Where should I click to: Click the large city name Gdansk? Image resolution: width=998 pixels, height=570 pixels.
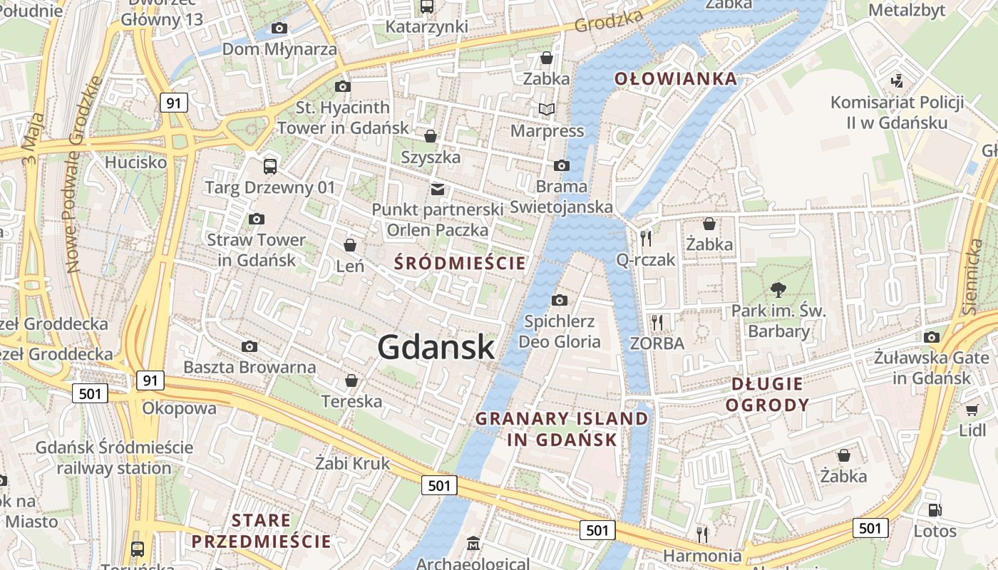436,347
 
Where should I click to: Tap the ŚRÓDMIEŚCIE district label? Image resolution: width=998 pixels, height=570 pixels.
460,263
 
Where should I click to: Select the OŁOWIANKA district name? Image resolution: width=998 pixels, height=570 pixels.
675,78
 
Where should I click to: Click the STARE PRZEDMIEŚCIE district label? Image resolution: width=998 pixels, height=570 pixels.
261,531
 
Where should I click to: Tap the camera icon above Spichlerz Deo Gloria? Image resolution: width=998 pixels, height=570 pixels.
560,300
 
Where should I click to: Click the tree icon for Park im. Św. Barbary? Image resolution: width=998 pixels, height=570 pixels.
778,289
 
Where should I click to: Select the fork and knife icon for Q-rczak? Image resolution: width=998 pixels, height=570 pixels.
646,238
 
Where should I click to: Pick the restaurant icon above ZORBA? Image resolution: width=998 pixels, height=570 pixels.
657,322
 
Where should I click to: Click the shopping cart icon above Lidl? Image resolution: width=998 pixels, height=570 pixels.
972,410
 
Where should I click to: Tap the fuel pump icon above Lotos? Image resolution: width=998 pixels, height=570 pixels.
935,510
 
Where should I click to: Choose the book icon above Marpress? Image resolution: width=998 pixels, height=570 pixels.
547,109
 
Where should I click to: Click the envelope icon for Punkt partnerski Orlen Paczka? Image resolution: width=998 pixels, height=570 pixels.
437,189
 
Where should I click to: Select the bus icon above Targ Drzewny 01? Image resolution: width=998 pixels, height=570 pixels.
269,167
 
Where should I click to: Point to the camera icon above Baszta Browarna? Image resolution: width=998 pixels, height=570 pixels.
249,346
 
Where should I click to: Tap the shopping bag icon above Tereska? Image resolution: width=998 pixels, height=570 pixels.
351,380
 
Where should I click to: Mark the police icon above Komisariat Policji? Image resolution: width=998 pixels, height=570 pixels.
897,81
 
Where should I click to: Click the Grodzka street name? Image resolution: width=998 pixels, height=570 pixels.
608,23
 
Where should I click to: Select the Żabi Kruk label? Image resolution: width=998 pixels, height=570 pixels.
353,463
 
